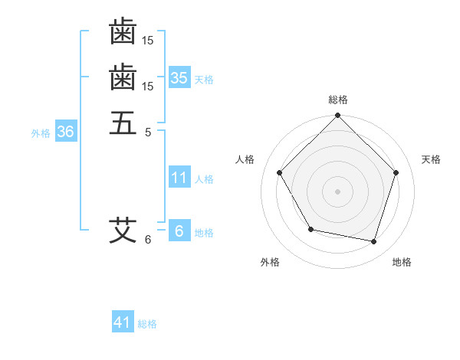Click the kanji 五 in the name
pos(123,122)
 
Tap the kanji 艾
pos(123,229)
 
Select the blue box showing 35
pos(179,78)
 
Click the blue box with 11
pos(179,178)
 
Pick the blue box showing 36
pos(65,132)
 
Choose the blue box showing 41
pos(123,322)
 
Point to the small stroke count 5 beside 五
pos(148,132)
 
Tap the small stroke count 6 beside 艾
pos(148,240)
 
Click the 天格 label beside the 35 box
pos(204,80)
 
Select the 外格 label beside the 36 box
pos(41,133)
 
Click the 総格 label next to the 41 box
pos(147,324)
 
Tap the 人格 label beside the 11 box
pos(204,179)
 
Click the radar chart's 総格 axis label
pos(338,100)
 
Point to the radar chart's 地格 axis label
pos(402,262)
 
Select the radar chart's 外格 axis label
pos(270,262)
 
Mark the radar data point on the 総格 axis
pos(337,116)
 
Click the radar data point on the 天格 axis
pos(396,172)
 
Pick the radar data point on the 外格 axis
pos(310,229)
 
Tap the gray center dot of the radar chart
pos(337,191)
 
